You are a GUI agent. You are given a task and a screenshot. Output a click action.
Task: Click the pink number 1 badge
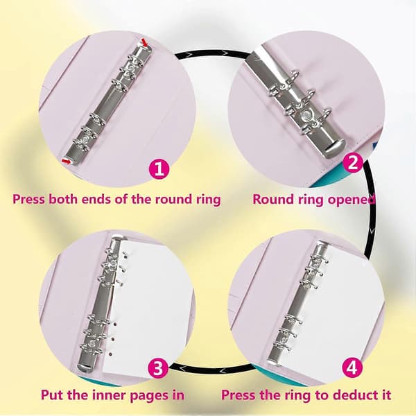pyautogui.click(x=159, y=168)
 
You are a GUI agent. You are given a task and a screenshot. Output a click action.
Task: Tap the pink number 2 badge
pyautogui.click(x=353, y=163)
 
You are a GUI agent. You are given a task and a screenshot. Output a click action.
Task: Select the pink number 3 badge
pyautogui.click(x=157, y=368)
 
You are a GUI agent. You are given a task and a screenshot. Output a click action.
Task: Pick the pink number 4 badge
pyautogui.click(x=352, y=368)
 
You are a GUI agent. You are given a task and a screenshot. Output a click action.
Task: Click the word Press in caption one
pyautogui.click(x=29, y=199)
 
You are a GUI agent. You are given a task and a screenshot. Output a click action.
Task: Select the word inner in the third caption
pyautogui.click(x=107, y=395)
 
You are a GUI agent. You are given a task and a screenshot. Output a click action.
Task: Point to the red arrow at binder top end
pyautogui.click(x=144, y=42)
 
